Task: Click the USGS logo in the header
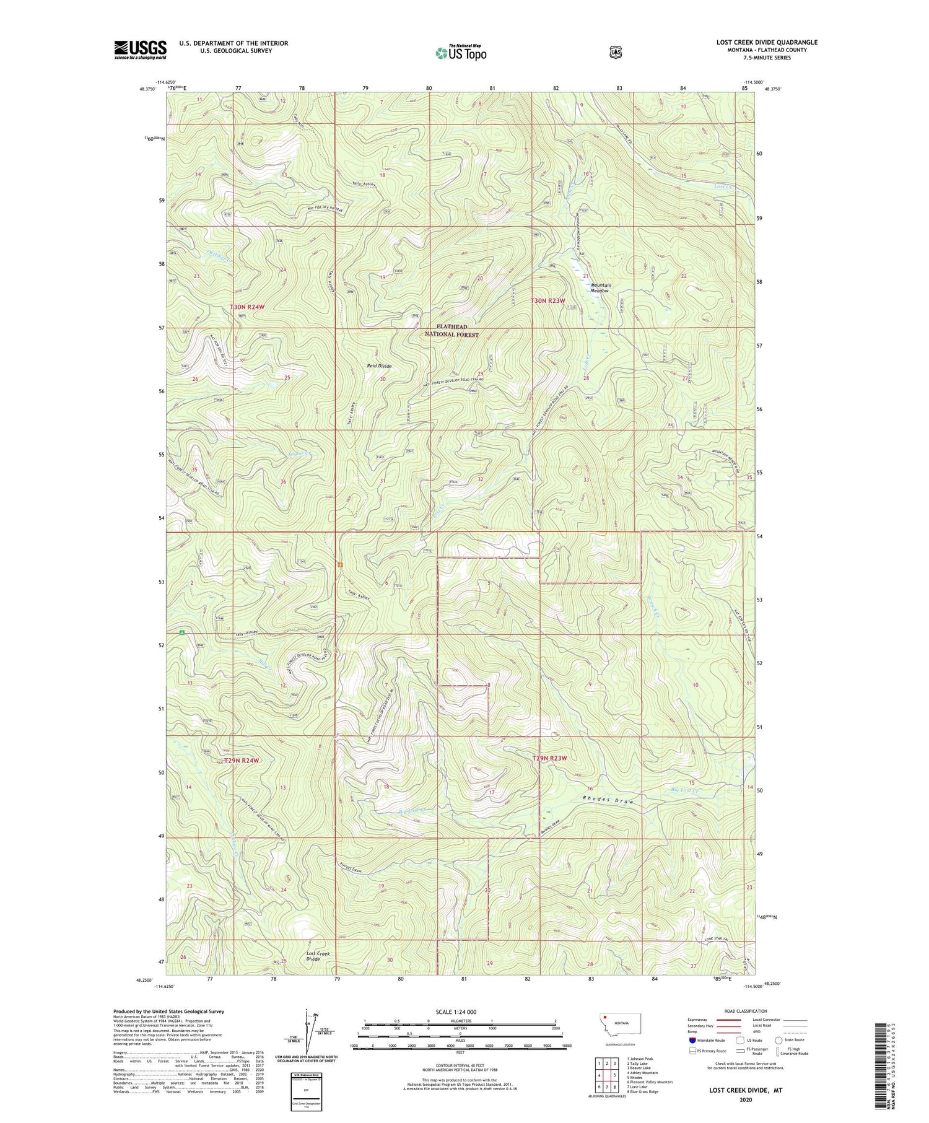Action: tap(140, 50)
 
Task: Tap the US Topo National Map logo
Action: tap(461, 53)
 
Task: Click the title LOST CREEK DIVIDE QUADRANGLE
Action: tap(767, 42)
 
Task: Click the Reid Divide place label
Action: tap(379, 366)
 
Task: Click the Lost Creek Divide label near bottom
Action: tap(318, 956)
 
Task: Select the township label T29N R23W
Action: tap(549, 758)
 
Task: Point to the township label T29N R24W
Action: tap(241, 760)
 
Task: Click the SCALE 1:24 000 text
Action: tap(460, 1012)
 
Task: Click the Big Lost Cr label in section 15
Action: tap(684, 790)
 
